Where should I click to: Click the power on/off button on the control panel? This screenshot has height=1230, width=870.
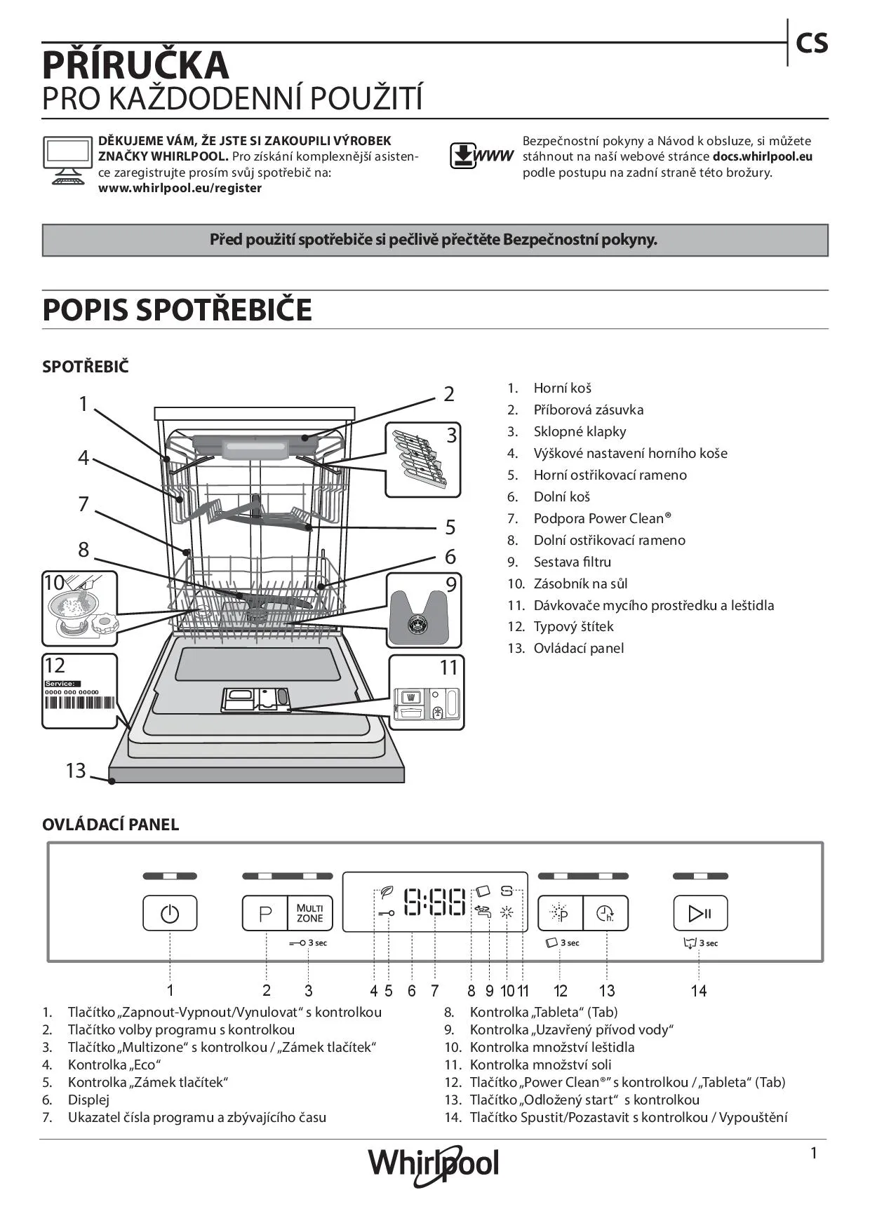coord(170,913)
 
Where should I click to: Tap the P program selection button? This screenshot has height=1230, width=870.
coord(265,913)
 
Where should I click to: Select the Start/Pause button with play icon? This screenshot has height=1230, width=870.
coord(700,913)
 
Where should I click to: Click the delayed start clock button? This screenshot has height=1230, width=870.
coord(605,913)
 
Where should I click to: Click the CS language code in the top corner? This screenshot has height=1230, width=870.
coord(812,43)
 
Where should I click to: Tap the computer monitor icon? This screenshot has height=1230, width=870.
coord(67,160)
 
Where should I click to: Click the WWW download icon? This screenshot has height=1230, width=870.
coord(481,156)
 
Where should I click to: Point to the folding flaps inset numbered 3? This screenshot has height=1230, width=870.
coord(422,459)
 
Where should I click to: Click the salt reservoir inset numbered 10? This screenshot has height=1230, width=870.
coord(79,608)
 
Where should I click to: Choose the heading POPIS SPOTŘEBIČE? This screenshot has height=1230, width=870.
coord(177,310)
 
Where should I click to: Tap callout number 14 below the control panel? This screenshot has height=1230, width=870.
coord(698,991)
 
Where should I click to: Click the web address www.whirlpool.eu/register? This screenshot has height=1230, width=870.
coord(180,188)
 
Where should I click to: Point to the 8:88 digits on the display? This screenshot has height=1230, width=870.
coord(435,903)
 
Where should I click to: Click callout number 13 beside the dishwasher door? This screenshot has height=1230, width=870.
coord(76,771)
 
